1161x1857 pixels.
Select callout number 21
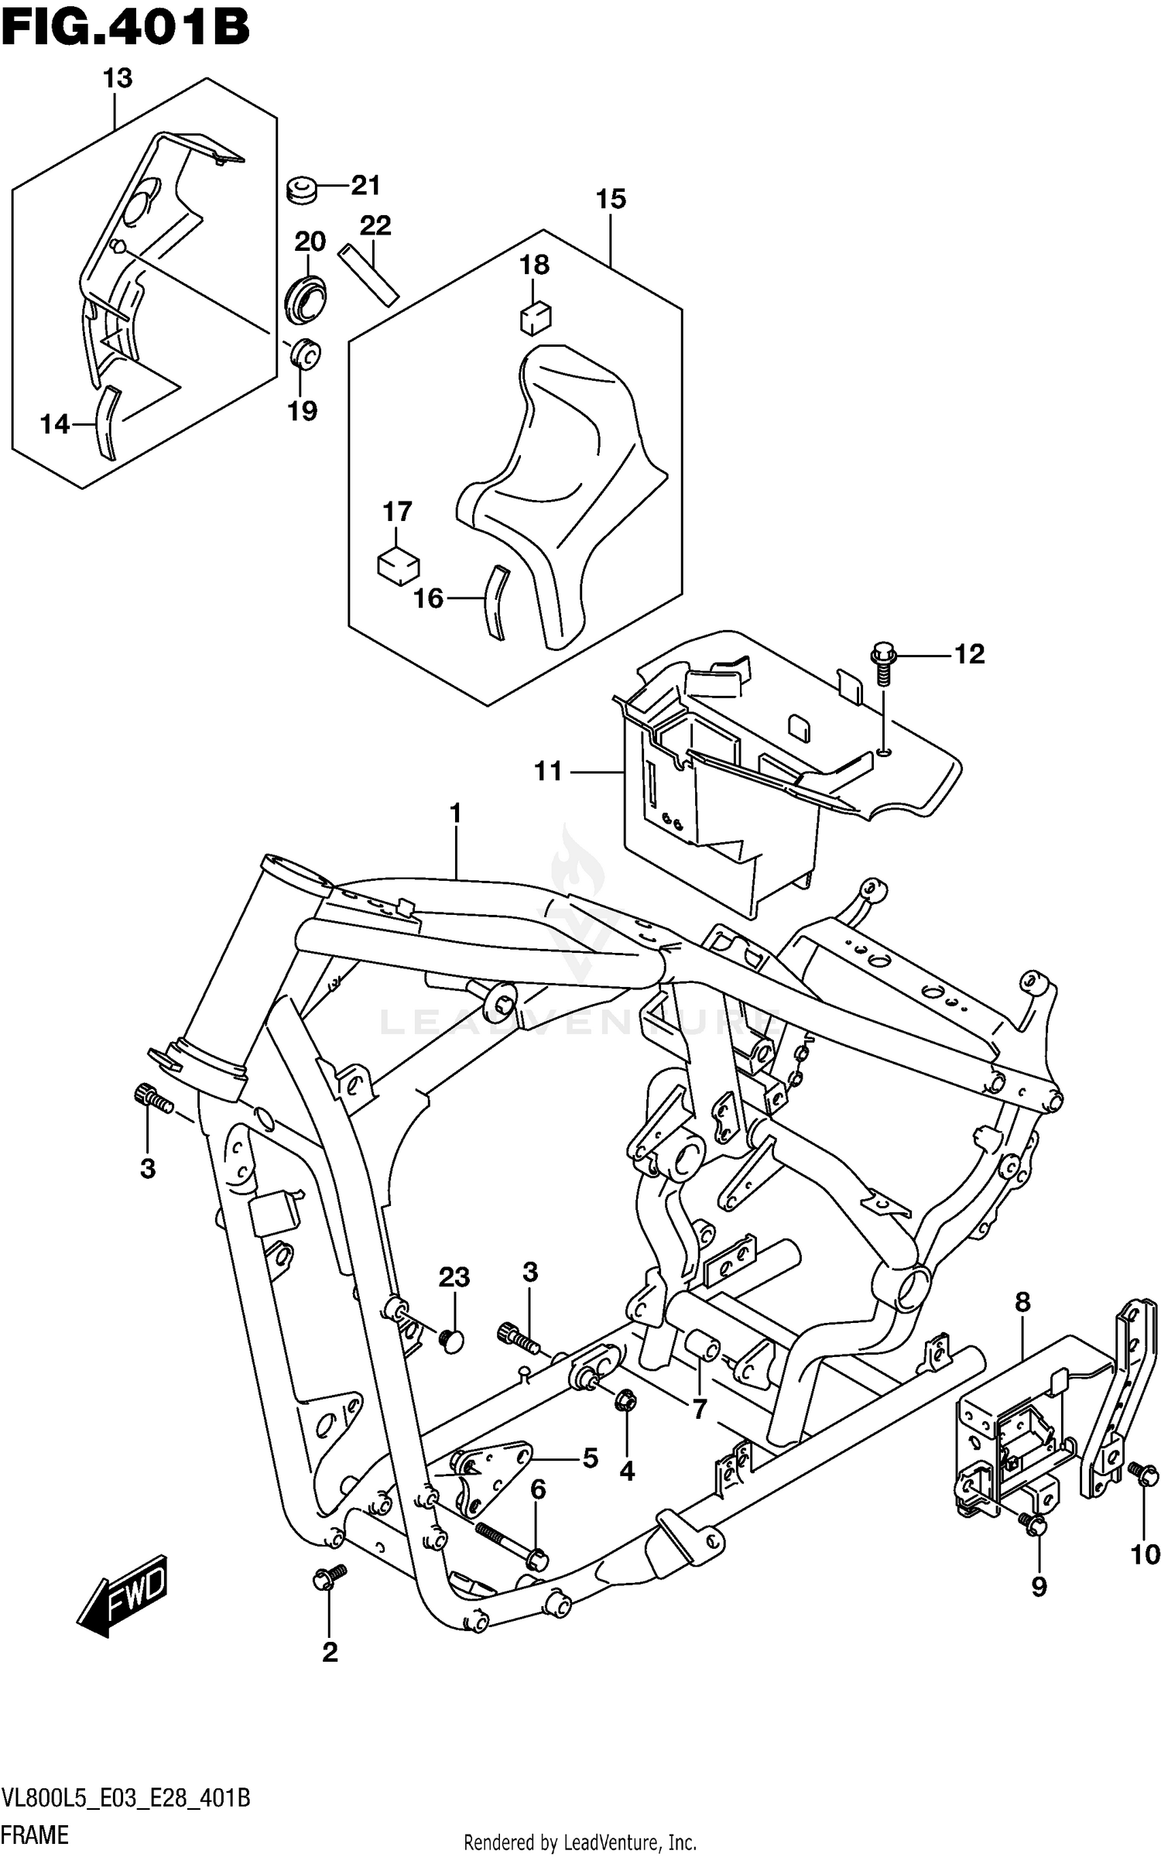(x=365, y=186)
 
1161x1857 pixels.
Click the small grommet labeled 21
(x=301, y=190)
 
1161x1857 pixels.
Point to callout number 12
(x=968, y=655)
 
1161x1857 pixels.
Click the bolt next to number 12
(x=882, y=664)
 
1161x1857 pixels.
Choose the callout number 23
(x=454, y=1277)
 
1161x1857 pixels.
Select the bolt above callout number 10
(x=1143, y=1472)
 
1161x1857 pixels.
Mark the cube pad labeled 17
(x=398, y=565)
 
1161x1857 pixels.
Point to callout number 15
(x=610, y=200)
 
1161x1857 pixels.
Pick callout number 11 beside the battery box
(x=548, y=772)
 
